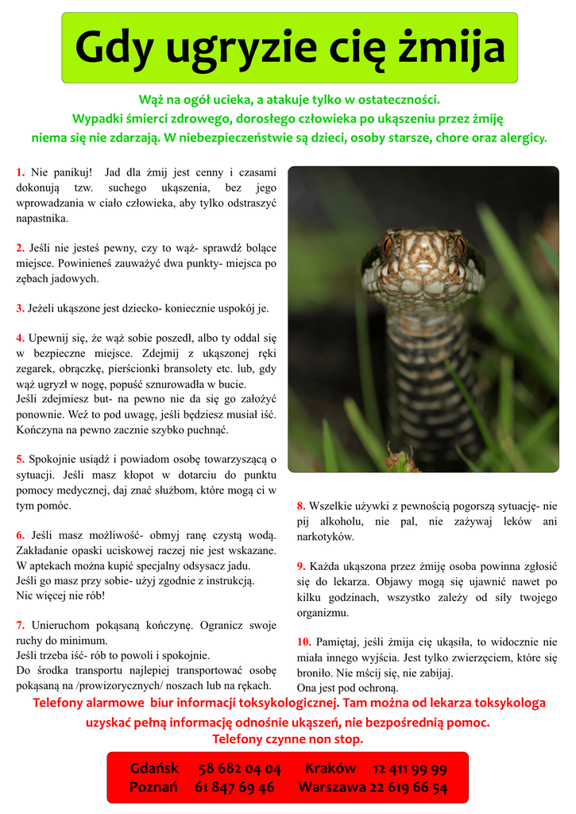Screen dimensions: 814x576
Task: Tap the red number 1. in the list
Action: (x=21, y=172)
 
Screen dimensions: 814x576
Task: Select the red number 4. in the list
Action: (x=21, y=338)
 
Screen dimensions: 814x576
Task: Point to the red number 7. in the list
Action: (x=21, y=625)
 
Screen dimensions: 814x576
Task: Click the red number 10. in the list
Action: (x=304, y=642)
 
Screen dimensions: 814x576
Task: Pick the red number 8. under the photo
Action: (x=301, y=506)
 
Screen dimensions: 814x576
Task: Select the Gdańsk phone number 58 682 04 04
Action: (x=240, y=769)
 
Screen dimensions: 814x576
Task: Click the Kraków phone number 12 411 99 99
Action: (x=409, y=769)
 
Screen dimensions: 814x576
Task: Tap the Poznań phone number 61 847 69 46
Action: (x=234, y=788)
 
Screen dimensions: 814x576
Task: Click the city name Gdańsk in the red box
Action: (x=154, y=769)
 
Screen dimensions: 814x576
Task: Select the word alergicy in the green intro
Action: (x=522, y=138)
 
